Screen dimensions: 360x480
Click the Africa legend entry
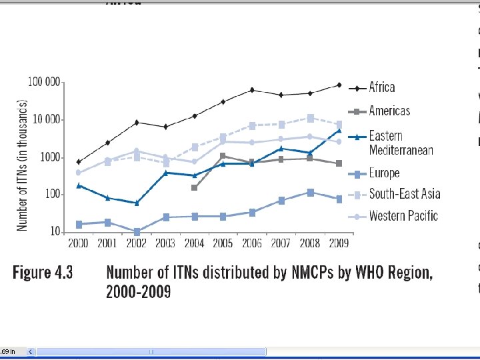click(382, 87)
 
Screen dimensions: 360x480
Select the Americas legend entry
click(389, 111)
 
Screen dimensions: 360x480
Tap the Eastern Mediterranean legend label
click(401, 143)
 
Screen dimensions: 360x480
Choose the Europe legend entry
click(384, 173)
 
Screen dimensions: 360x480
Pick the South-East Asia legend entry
click(404, 194)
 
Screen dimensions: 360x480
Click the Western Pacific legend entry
click(403, 215)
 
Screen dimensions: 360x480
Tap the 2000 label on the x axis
click(78, 244)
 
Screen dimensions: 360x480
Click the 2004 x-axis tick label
click(194, 244)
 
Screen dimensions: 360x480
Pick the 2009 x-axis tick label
click(339, 244)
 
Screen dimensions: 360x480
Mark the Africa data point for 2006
click(252, 89)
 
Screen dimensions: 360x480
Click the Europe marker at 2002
click(137, 232)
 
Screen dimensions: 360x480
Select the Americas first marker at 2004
click(194, 188)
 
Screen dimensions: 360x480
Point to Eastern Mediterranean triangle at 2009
click(339, 131)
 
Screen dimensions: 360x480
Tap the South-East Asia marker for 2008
click(310, 118)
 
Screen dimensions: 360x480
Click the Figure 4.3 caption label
click(43, 273)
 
